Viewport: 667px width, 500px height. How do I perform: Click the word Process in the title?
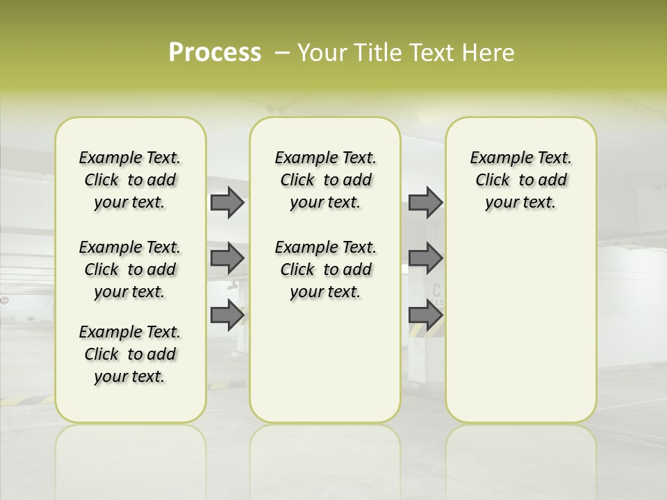click(x=215, y=52)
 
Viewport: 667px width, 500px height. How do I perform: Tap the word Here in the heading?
click(x=489, y=52)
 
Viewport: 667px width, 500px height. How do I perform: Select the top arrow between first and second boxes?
click(x=227, y=203)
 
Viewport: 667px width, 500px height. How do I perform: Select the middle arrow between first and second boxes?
click(x=227, y=258)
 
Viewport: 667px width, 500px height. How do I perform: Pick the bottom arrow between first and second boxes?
click(x=227, y=315)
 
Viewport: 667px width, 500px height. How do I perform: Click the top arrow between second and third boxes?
click(x=425, y=203)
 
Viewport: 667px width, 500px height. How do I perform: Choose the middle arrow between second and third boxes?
click(x=425, y=258)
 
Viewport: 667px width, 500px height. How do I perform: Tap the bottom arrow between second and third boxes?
click(x=425, y=315)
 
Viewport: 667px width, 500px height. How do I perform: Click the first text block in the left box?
click(x=130, y=180)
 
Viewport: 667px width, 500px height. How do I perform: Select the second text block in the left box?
click(x=130, y=269)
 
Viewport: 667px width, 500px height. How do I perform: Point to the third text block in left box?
click(x=130, y=354)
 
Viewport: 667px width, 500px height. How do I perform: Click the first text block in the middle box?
click(x=326, y=180)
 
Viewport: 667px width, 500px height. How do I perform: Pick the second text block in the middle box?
click(x=326, y=269)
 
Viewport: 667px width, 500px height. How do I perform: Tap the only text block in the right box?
click(x=521, y=180)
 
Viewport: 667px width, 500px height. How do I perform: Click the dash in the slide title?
click(x=282, y=52)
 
